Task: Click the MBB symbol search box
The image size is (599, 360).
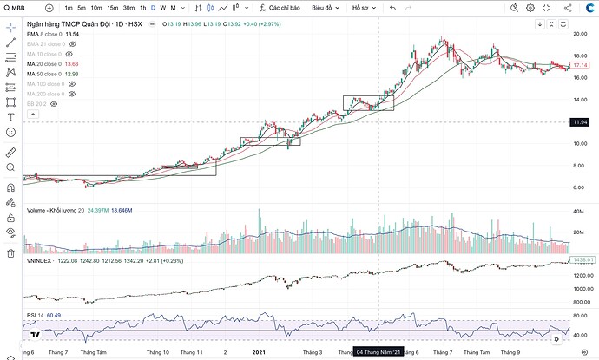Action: pyautogui.click(x=19, y=8)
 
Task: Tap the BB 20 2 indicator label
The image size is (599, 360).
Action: pyautogui.click(x=36, y=103)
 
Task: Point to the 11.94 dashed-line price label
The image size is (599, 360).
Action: pyautogui.click(x=581, y=122)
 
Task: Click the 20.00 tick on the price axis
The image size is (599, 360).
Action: pyautogui.click(x=580, y=34)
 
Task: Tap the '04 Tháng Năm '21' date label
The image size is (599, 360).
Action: pyautogui.click(x=379, y=352)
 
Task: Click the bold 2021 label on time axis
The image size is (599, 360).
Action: pyautogui.click(x=260, y=352)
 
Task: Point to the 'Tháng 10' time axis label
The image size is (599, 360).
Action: pyautogui.click(x=157, y=352)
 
